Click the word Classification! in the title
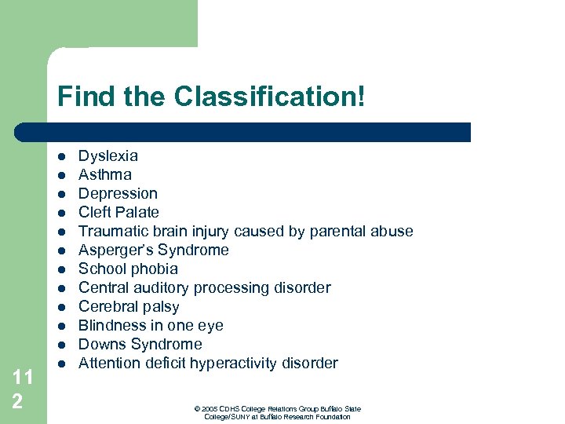(269, 97)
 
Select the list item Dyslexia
(108, 156)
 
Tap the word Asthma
(105, 174)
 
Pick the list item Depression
(118, 193)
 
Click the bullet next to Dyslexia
(60, 156)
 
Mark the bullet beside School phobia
(60, 269)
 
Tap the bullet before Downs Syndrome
(60, 345)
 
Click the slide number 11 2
(23, 388)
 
